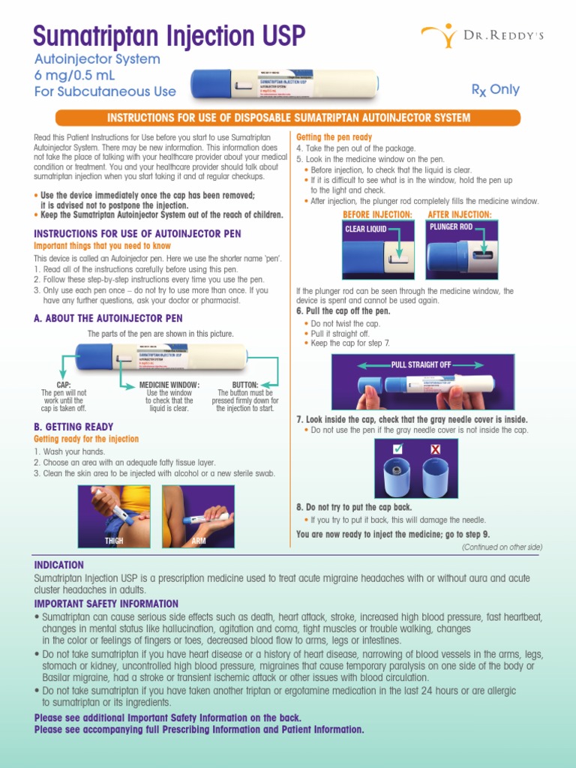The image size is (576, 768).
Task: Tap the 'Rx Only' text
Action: [x=495, y=90]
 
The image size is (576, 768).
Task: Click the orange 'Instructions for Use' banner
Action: [x=289, y=118]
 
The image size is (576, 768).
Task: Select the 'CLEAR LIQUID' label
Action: [x=366, y=229]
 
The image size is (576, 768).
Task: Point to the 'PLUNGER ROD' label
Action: [x=451, y=226]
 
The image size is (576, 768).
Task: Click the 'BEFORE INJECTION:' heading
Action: [x=377, y=214]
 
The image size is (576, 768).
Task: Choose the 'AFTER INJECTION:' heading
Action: [x=459, y=214]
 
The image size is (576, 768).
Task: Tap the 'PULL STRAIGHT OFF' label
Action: [x=421, y=364]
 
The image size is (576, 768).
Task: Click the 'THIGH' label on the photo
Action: [x=114, y=540]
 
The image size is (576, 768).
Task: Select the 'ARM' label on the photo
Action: [x=199, y=540]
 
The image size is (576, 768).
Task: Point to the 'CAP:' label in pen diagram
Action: [x=64, y=385]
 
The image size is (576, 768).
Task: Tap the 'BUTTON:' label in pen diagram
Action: [x=244, y=385]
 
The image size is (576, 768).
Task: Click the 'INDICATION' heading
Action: [x=59, y=565]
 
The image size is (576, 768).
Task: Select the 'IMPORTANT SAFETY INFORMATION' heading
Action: [x=106, y=604]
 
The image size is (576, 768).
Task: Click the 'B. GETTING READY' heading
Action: [x=73, y=427]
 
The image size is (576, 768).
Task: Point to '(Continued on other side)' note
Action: [x=501, y=547]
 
